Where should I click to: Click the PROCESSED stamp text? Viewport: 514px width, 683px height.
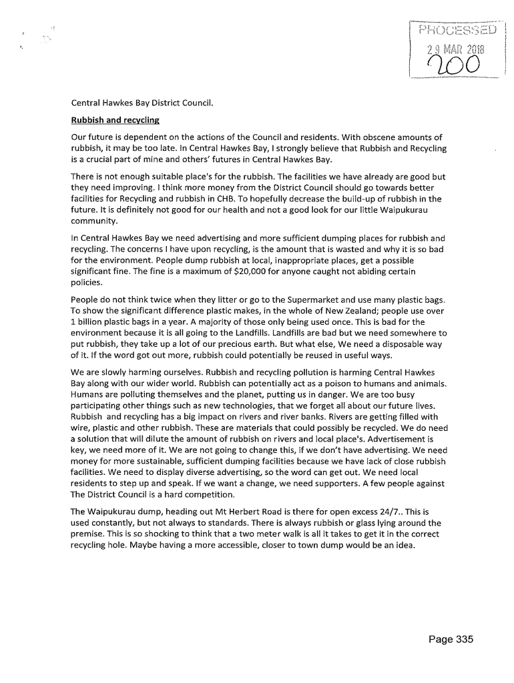coord(458,30)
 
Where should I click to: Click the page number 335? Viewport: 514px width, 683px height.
coord(451,640)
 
